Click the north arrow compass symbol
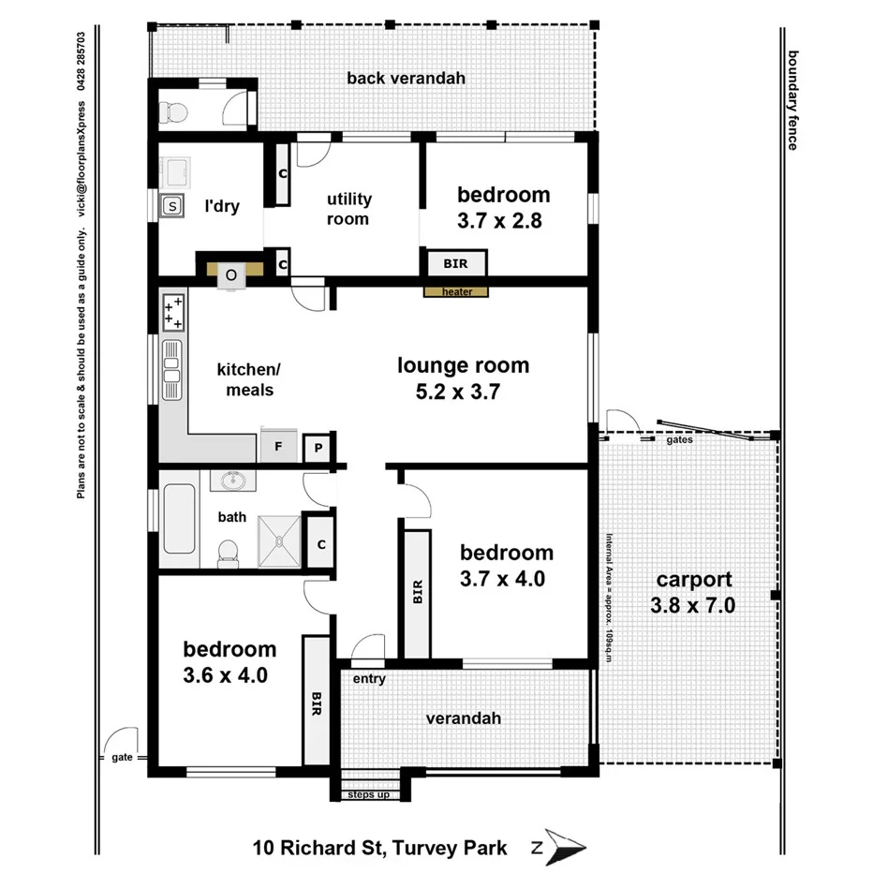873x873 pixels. (565, 848)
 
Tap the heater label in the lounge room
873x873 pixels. (456, 292)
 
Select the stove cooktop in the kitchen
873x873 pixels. (173, 312)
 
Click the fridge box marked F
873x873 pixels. (278, 448)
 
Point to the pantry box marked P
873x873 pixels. (318, 449)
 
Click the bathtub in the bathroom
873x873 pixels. (178, 518)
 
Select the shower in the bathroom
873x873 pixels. (279, 540)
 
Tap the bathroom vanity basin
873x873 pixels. (231, 481)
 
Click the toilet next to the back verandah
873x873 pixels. (174, 112)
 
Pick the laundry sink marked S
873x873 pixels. (171, 206)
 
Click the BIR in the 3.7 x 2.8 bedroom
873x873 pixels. (457, 263)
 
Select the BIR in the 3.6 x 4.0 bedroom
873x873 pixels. (317, 700)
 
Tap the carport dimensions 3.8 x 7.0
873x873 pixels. (692, 606)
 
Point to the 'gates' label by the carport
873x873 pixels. (680, 438)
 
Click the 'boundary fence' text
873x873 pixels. (792, 99)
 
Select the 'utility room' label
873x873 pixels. (348, 209)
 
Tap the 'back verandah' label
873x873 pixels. (406, 79)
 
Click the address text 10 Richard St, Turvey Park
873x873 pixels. (379, 849)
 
